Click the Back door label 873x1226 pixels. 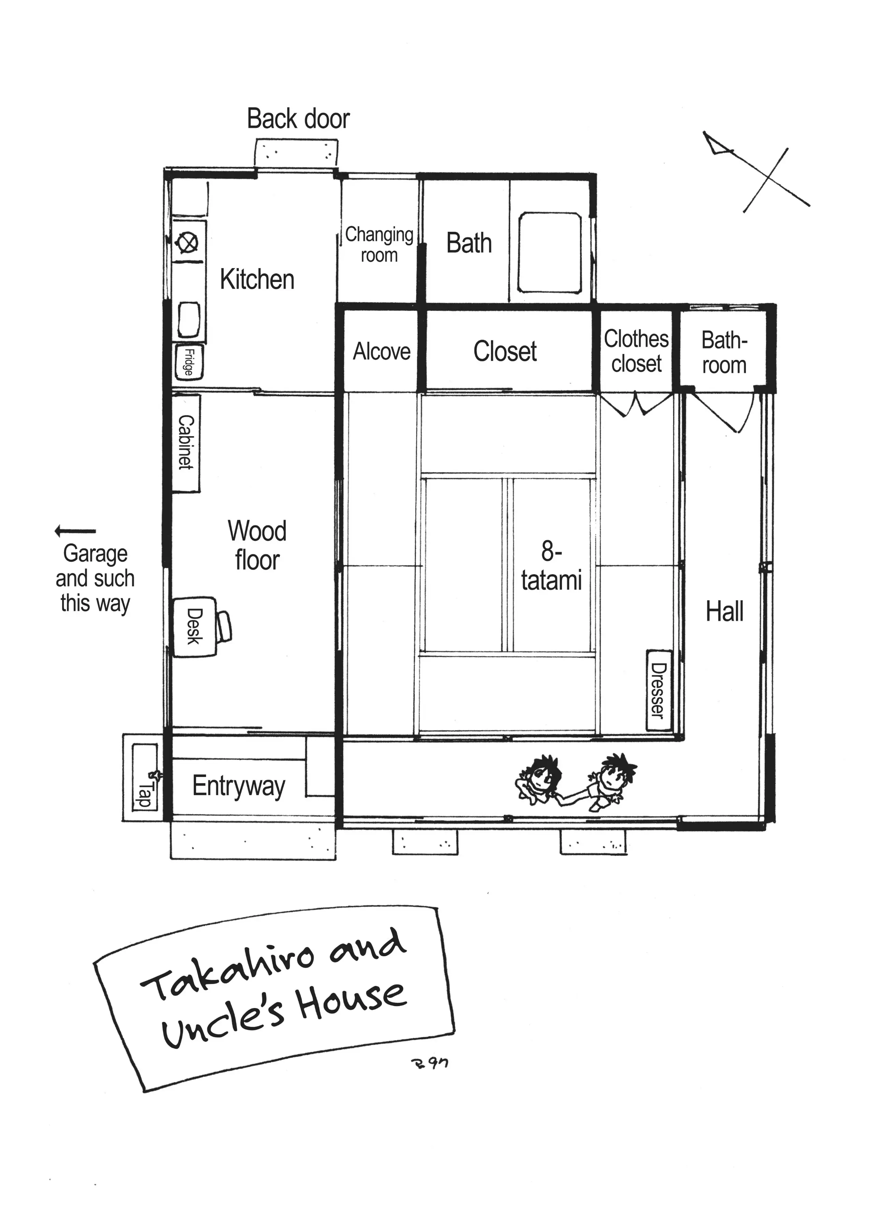[298, 119]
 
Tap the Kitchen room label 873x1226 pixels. [257, 280]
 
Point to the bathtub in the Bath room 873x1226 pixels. [549, 252]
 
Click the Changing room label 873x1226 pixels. [379, 245]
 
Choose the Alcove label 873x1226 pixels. [382, 352]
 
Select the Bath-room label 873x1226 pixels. [724, 353]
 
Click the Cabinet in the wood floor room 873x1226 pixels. [186, 443]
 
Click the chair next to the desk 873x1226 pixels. [224, 627]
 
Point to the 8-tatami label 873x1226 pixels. [551, 566]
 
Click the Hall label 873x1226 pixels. [725, 612]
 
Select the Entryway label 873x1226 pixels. [239, 786]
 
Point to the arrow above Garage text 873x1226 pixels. [75, 531]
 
